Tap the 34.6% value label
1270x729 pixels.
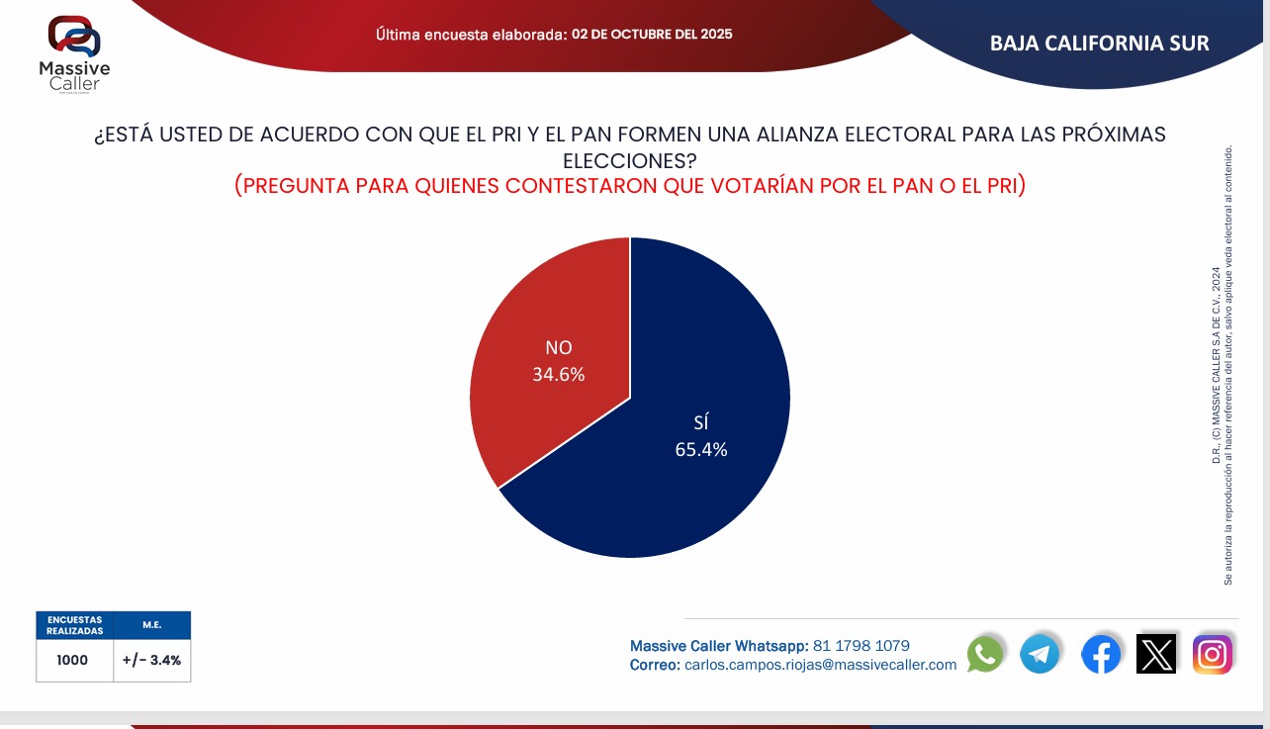click(x=559, y=375)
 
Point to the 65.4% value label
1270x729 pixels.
click(x=701, y=449)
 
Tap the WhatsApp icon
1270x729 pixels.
click(x=985, y=654)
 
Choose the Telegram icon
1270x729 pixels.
click(x=1040, y=654)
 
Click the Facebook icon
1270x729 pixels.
click(x=1101, y=654)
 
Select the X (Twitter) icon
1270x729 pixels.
click(x=1156, y=654)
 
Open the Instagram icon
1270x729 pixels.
click(x=1213, y=654)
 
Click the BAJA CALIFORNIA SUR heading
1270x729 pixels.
click(x=1099, y=44)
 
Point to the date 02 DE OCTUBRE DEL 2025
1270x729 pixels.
click(x=652, y=34)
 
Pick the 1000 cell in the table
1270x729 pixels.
click(x=72, y=660)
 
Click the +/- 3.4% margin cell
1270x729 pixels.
click(x=151, y=660)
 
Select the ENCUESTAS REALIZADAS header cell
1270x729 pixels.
click(x=74, y=624)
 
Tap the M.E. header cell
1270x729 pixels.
click(x=151, y=624)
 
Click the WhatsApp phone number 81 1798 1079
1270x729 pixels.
click(x=861, y=646)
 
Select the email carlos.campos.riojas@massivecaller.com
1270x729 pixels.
click(x=820, y=665)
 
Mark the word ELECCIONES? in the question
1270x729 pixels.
click(x=630, y=159)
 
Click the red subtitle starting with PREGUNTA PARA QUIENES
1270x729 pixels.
click(x=630, y=185)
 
